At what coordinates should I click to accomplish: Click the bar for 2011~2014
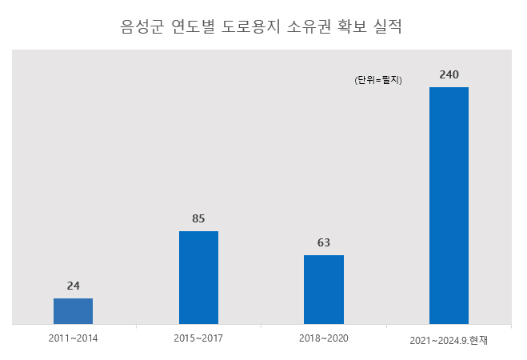tap(73, 311)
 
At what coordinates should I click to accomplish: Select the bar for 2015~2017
tap(198, 278)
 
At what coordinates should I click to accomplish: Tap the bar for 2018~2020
tap(324, 290)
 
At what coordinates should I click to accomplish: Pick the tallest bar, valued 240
tap(449, 206)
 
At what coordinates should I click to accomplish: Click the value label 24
tap(73, 286)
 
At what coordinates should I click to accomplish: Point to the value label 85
tap(198, 218)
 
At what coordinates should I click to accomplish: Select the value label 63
tap(324, 242)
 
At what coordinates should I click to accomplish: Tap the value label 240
tap(449, 74)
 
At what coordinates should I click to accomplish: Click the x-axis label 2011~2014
tap(73, 338)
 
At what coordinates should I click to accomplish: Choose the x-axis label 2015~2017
tap(198, 338)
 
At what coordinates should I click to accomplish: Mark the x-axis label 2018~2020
tap(324, 338)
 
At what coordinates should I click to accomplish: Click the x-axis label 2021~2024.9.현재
tap(449, 340)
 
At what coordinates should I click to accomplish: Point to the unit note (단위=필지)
tap(378, 80)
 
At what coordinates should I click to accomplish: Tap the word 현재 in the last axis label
tap(478, 340)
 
